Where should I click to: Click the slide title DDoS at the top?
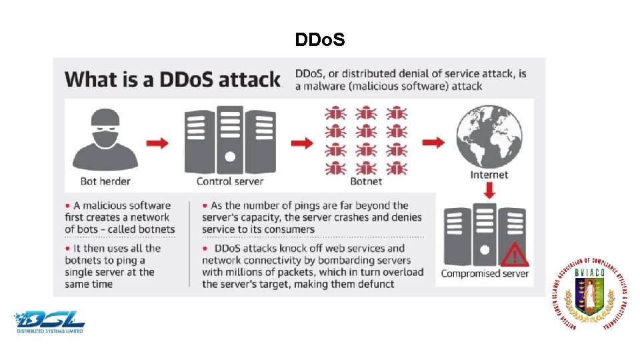tap(319, 41)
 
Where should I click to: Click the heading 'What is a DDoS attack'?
tap(173, 80)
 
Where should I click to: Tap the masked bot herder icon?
tap(105, 141)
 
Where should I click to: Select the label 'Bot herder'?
tap(105, 181)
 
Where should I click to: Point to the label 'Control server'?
tap(230, 181)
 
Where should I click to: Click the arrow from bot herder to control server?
tap(157, 142)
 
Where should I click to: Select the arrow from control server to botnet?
tap(301, 142)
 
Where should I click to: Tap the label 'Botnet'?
tap(367, 181)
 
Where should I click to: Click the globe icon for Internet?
tap(489, 135)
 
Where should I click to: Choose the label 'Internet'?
tap(489, 175)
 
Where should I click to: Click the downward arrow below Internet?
tap(489, 191)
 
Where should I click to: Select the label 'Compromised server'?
tap(485, 273)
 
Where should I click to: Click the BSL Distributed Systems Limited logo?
tap(51, 321)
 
